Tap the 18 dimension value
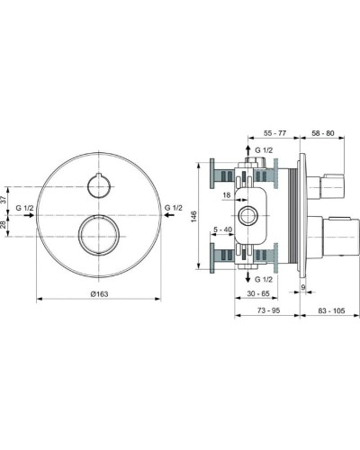[227, 193]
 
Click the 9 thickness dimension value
[304, 287]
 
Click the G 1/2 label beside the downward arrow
[264, 279]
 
